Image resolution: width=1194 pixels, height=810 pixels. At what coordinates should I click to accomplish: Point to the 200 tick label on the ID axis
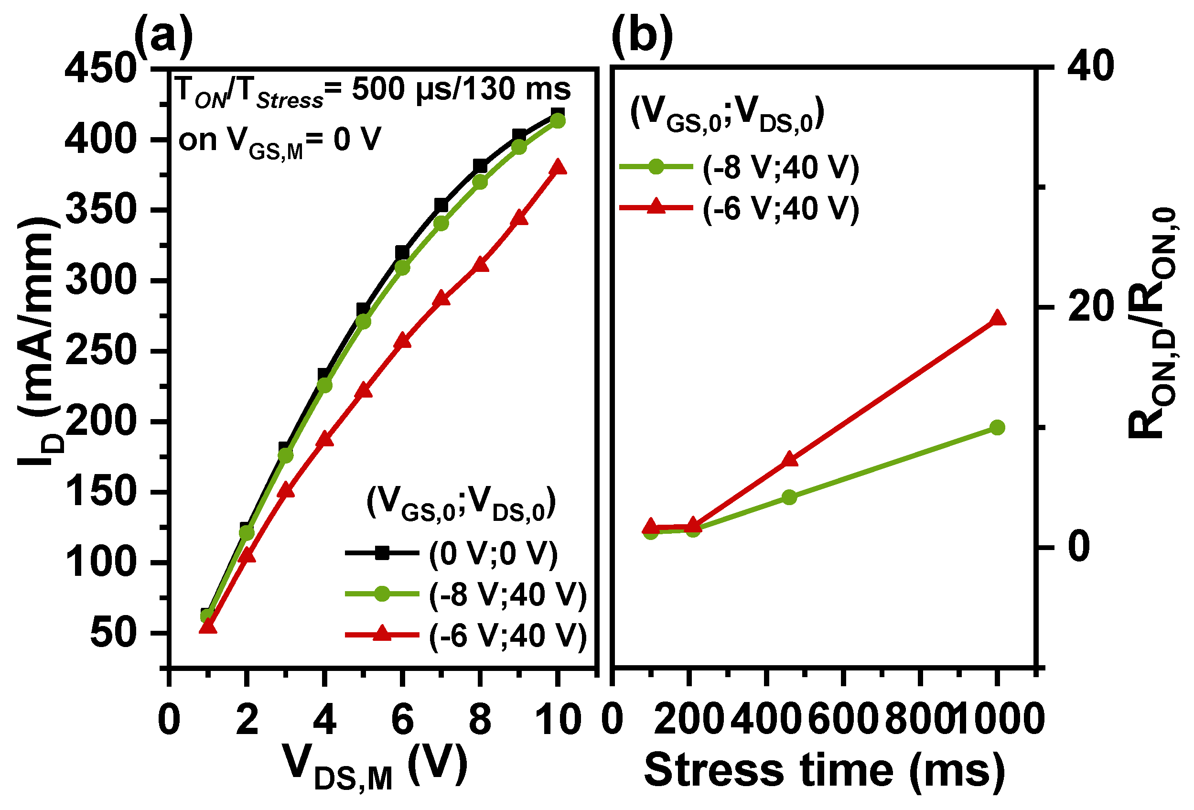click(100, 421)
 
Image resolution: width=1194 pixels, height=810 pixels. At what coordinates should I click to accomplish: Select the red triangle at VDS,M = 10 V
click(558, 168)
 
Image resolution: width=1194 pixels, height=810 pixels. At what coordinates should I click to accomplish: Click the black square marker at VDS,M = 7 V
click(441, 205)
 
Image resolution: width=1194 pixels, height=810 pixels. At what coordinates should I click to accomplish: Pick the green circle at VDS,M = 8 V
click(480, 182)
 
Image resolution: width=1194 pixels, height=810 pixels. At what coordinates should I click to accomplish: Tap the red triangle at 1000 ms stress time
click(997, 318)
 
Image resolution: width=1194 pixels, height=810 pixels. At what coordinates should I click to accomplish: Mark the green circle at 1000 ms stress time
click(997, 428)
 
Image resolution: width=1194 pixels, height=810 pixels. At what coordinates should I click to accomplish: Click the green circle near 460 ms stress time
click(789, 497)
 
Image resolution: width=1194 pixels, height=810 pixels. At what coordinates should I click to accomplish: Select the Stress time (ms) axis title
click(824, 769)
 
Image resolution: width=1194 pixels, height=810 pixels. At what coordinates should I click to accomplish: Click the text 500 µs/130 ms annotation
click(460, 88)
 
